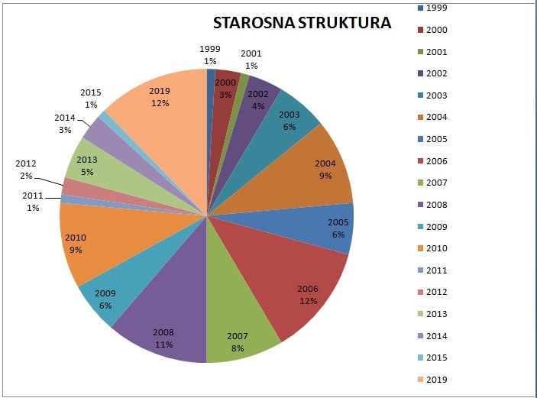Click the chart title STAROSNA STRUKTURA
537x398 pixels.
click(x=302, y=23)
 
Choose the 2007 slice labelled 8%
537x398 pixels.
click(x=237, y=328)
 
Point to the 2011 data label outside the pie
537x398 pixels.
click(x=33, y=202)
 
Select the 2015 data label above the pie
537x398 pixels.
click(x=91, y=99)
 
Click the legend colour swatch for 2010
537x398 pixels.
click(x=421, y=248)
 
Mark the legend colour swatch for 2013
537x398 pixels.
click(x=421, y=314)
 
